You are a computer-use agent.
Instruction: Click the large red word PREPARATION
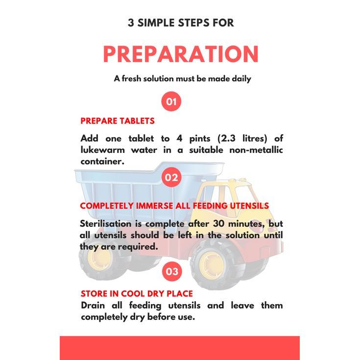[x=181, y=54]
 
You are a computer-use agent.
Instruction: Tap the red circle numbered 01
[x=171, y=101]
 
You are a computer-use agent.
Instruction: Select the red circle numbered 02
[x=171, y=177]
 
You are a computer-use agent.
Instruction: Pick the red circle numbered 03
[x=172, y=271]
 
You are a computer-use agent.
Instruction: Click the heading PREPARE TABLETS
[x=118, y=121]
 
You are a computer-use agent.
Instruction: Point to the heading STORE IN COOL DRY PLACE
[x=137, y=294]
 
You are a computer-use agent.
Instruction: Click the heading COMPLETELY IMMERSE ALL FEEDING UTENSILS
[x=174, y=206]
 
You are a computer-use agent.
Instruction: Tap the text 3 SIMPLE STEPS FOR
[x=181, y=23]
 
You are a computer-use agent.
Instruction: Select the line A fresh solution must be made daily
[x=183, y=79]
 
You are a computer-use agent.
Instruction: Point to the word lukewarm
[x=103, y=150]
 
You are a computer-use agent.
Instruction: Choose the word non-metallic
[x=256, y=150]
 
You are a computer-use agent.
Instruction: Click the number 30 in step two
[x=218, y=224]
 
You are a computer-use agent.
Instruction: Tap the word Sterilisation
[x=106, y=224]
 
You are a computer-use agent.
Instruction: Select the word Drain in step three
[x=93, y=306]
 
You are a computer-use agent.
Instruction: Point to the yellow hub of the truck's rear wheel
[x=99, y=259]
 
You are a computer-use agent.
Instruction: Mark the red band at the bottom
[x=180, y=348]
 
